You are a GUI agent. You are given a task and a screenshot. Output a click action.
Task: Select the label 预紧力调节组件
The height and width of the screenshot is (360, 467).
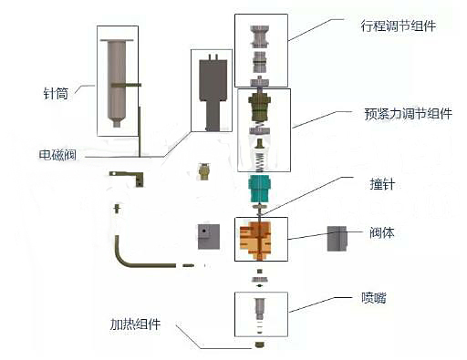(x=407, y=115)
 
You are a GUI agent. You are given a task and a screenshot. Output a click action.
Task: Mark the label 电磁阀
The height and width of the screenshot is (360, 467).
(x=57, y=155)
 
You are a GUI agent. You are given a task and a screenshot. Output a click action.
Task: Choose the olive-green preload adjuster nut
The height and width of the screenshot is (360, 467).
(x=263, y=115)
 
